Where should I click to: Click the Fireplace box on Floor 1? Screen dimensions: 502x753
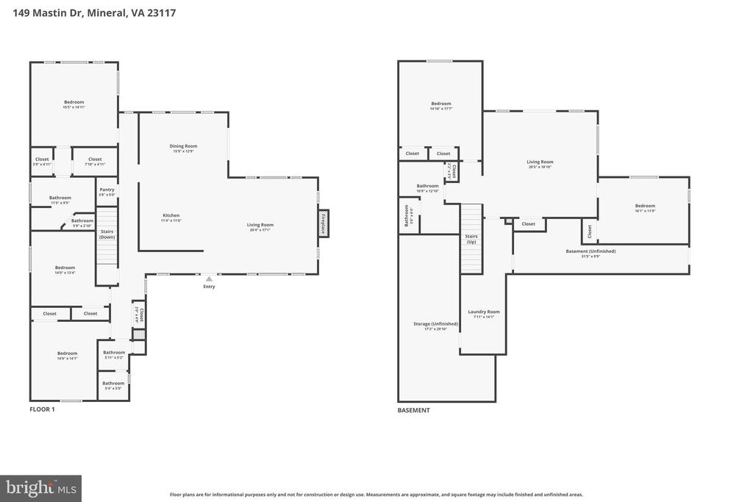(x=323, y=223)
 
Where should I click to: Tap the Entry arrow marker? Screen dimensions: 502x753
(x=209, y=279)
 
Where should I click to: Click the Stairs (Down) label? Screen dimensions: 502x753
(x=107, y=234)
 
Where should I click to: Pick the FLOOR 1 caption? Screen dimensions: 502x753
(x=42, y=409)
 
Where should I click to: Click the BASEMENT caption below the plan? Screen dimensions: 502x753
(x=413, y=410)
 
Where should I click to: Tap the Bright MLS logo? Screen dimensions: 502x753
(x=40, y=487)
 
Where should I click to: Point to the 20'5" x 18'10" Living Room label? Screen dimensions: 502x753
(x=540, y=164)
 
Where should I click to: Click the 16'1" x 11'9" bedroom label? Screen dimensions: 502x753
(x=645, y=208)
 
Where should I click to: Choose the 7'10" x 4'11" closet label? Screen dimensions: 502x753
(x=95, y=161)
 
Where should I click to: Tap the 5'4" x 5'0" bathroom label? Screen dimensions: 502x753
(x=113, y=385)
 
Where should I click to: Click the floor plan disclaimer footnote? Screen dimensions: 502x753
(x=376, y=495)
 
